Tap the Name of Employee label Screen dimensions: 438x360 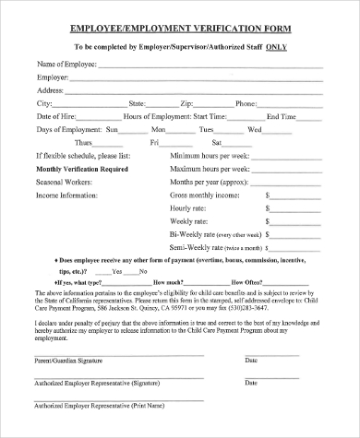65,65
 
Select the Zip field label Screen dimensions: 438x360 186,103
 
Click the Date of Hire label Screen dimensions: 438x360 56,116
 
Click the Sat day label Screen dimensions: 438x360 217,143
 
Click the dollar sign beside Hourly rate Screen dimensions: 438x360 268,209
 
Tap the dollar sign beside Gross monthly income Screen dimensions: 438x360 268,195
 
